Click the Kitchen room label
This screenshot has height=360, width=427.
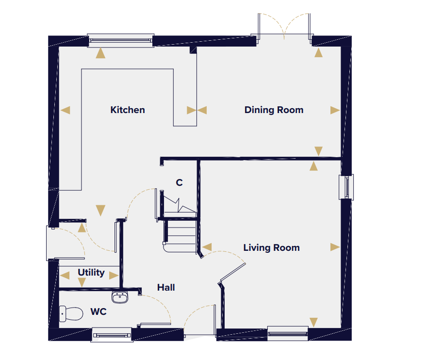coord(128,110)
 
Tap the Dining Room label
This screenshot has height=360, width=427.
coord(274,110)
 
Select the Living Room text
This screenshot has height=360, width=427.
coord(271,248)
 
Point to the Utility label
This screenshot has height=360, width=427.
coord(91,273)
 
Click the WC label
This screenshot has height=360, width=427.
coord(99,311)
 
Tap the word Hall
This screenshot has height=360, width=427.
coord(166,287)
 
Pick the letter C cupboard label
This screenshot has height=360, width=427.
coord(179,182)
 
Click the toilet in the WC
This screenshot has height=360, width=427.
coord(71,313)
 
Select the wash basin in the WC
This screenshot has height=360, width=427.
coord(120,297)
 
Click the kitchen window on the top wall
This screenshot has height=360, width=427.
coord(121,41)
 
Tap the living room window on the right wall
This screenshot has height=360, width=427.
coord(346,187)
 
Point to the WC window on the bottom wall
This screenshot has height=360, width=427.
coord(112,335)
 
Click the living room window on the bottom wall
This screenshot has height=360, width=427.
coord(288,333)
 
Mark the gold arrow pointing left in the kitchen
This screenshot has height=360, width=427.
coord(66,110)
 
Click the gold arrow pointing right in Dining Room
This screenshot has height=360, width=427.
coord(335,110)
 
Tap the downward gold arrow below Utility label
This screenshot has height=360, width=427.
coord(82,282)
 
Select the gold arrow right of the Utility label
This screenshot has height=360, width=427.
coord(114,276)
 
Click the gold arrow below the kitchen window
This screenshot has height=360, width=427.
coord(100,53)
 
